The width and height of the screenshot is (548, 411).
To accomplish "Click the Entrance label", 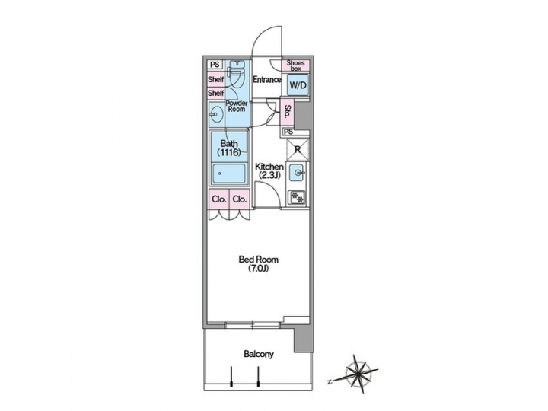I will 267,79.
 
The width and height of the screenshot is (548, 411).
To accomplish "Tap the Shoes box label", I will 296,66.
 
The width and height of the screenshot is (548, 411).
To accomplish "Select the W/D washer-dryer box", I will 297,85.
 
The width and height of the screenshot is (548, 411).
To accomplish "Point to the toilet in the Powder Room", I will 236,76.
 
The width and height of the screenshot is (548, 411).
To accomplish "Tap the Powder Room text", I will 236,106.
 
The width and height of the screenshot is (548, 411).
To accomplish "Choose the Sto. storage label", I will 287,111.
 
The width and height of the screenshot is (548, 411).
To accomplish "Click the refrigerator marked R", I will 298,148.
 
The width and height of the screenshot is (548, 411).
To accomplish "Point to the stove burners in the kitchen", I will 298,197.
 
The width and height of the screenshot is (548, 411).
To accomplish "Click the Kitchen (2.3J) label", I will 269,171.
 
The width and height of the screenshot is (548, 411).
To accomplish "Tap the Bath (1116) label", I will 230,148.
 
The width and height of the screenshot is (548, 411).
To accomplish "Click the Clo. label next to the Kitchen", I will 240,199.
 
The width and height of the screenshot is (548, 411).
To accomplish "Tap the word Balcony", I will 259,354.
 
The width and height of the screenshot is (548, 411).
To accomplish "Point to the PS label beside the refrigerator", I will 288,132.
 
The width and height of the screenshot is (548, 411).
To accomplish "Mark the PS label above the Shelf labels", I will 215,65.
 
